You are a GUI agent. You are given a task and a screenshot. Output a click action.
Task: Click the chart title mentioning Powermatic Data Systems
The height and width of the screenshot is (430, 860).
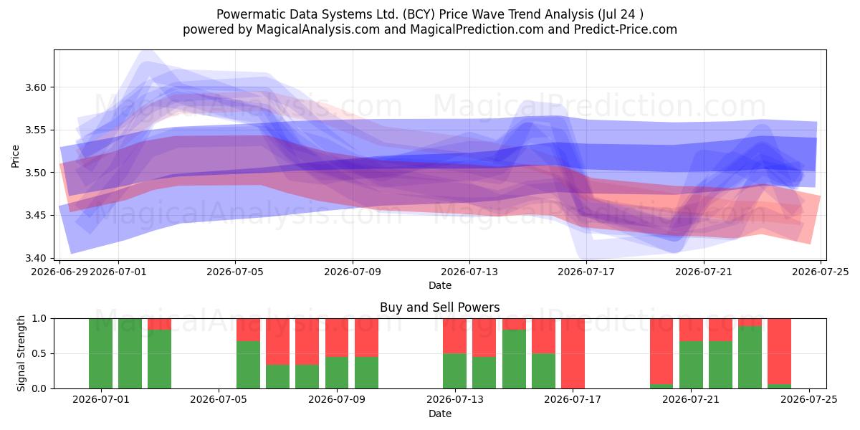tap(430, 14)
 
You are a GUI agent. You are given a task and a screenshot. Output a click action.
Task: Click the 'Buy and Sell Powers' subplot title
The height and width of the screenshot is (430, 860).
tap(439, 307)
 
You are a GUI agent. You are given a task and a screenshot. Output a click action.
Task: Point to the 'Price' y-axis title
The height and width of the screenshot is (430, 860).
tap(15, 156)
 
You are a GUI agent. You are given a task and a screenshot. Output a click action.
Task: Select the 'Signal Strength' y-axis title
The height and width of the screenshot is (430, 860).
tap(21, 353)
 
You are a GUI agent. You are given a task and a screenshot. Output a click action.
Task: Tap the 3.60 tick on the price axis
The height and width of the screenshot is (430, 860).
tap(35, 87)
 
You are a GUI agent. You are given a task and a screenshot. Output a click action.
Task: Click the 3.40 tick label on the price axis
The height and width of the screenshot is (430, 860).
tap(35, 258)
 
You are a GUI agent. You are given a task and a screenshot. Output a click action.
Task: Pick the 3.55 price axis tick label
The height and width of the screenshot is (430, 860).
tap(35, 130)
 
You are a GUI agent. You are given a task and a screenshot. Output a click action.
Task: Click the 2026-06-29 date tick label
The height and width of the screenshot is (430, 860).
tap(59, 272)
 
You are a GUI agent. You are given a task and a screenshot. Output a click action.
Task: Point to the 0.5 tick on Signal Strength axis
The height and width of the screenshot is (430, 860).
tap(39, 353)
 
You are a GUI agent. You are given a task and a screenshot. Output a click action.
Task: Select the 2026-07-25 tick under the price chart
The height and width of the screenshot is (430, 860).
tap(821, 272)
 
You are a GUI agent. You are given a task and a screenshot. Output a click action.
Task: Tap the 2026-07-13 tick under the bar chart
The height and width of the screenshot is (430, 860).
tap(455, 400)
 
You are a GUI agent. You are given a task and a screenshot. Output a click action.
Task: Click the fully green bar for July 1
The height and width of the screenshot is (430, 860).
tap(100, 353)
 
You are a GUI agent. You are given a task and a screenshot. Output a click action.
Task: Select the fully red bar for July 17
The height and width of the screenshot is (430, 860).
tap(573, 353)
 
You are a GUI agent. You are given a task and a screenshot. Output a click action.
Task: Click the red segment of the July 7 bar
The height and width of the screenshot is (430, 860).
tap(277, 342)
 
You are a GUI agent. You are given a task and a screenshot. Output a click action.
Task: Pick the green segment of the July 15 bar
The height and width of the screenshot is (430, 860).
tap(514, 359)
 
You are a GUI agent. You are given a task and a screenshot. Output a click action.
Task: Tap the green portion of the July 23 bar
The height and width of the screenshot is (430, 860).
tap(750, 357)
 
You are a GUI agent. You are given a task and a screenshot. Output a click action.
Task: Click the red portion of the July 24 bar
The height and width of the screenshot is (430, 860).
tap(780, 351)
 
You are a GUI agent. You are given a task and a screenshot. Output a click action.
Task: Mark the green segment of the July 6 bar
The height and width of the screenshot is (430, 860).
tap(248, 365)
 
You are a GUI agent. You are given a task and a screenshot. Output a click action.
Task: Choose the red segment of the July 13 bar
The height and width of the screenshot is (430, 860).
tap(454, 336)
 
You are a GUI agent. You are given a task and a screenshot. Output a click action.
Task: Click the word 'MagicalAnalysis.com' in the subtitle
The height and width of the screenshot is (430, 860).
tap(318, 29)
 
